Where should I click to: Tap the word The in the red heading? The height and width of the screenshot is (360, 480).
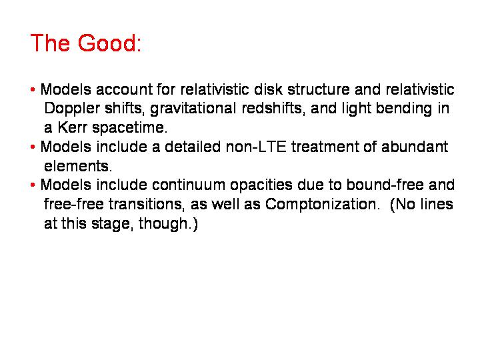pos(50,43)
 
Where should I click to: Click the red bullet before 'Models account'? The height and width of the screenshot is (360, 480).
pos(33,90)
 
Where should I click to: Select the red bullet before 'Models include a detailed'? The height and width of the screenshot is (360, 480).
pos(33,147)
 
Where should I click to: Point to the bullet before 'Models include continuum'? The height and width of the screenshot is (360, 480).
pos(33,185)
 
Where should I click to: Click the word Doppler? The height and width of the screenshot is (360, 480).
pos(72,109)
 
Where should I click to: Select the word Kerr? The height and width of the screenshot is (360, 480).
pos(72,127)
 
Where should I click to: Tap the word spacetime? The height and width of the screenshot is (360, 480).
pos(130,128)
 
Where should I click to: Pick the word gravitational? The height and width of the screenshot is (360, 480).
pos(193,109)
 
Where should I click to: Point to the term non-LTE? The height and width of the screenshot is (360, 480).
pos(256,147)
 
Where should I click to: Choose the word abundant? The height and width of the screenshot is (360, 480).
pos(415,147)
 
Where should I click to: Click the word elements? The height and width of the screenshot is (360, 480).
pos(78,166)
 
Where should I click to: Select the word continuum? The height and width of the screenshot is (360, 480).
pos(188,185)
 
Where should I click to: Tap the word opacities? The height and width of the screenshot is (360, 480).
pos(261,186)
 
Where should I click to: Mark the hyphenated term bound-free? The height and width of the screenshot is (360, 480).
pos(385,185)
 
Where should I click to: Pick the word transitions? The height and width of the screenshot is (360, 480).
pos(147,204)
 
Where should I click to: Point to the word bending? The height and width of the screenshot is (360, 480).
pos(404,109)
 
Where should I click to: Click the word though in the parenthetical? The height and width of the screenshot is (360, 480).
pos(163,224)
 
